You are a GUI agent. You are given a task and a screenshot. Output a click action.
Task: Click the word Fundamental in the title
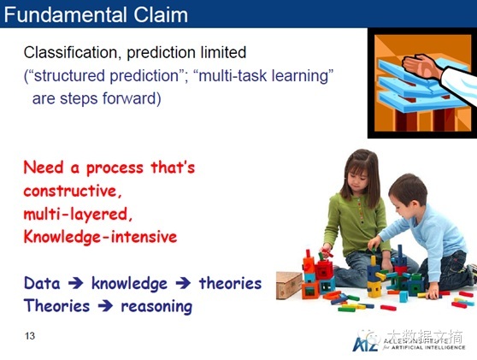pos(65,15)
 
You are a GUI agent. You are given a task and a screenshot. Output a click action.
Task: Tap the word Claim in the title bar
pos(161,15)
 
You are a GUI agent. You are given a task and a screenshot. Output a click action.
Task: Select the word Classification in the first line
pos(70,53)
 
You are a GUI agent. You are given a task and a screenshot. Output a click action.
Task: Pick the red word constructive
pos(73,191)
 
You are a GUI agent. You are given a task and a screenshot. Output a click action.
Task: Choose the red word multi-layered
pos(78,215)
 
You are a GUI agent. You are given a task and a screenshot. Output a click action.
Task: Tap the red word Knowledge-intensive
pos(100,237)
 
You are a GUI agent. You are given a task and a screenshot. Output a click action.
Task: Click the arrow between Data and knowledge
pos(76,283)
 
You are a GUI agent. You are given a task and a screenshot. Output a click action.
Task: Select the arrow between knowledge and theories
pos(183,283)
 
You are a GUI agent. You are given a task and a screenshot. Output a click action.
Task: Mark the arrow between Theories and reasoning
pos(105,306)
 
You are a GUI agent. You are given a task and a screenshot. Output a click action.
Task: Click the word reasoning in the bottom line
pos(156,307)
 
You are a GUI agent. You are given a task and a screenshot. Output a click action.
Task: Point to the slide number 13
pos(30,336)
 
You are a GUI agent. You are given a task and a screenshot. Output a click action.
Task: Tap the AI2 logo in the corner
pos(365,344)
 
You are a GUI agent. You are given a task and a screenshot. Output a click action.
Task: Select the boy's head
pos(408,198)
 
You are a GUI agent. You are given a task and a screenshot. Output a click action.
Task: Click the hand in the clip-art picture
pos(421,66)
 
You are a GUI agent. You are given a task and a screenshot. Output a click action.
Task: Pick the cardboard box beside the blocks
pos(288,285)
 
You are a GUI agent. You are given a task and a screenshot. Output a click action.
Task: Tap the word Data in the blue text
pos(42,283)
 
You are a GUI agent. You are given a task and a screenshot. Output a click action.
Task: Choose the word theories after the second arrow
pos(230,283)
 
